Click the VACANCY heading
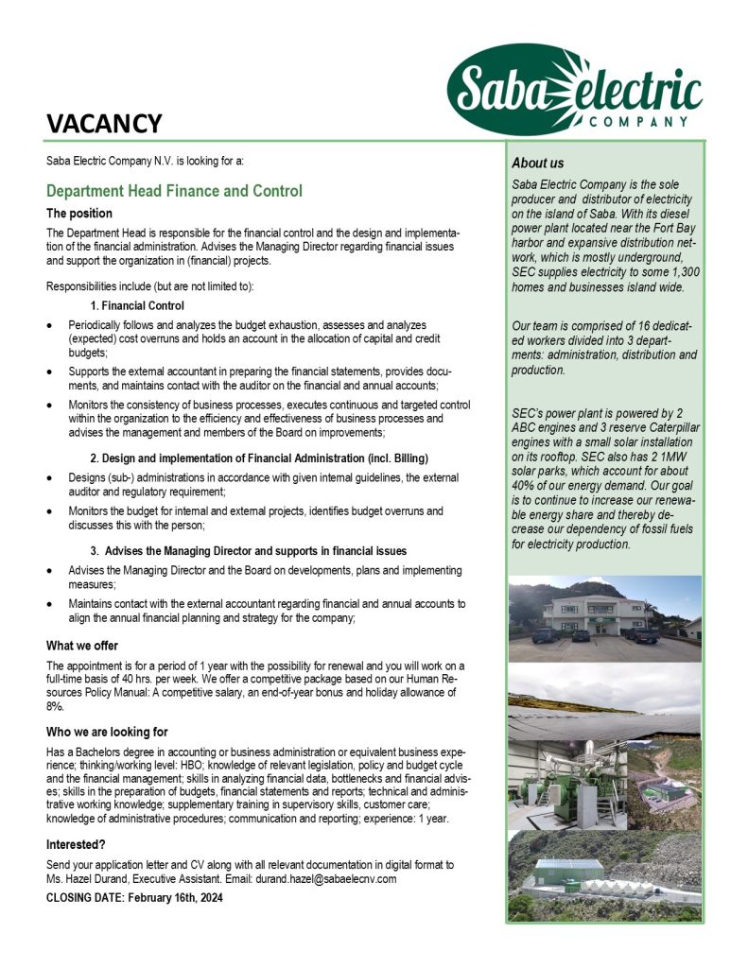point(105,124)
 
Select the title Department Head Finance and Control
point(174,191)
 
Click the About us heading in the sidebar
point(537,164)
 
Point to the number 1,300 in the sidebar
point(681,271)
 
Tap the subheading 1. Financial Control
point(137,305)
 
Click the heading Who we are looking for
point(107,732)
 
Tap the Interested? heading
point(76,844)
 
